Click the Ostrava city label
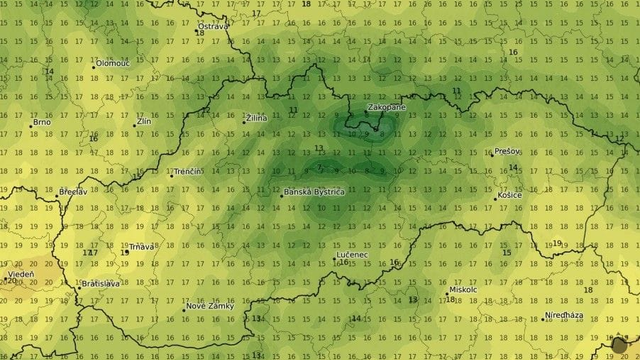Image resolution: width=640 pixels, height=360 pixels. [213, 26]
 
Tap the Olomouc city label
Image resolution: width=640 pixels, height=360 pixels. [113, 63]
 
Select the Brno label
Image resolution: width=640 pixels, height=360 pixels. [41, 123]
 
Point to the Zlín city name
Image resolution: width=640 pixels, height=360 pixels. [145, 121]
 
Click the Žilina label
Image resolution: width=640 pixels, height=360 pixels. [257, 118]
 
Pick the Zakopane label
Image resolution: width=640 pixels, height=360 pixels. [387, 106]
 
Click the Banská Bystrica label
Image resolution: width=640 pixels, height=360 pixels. [315, 191]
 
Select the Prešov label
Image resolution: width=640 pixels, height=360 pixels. [507, 151]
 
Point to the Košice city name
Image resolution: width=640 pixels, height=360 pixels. [511, 195]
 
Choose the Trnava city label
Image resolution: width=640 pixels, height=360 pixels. [142, 246]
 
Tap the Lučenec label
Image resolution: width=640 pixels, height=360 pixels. [352, 255]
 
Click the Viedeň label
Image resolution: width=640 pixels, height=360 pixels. [20, 273]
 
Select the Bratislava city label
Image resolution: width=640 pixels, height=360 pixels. [101, 284]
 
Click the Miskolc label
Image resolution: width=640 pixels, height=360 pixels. [463, 290]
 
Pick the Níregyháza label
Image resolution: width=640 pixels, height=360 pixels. [565, 316]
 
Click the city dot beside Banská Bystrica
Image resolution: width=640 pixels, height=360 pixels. [280, 193]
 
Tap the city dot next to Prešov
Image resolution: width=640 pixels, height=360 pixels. [491, 153]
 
